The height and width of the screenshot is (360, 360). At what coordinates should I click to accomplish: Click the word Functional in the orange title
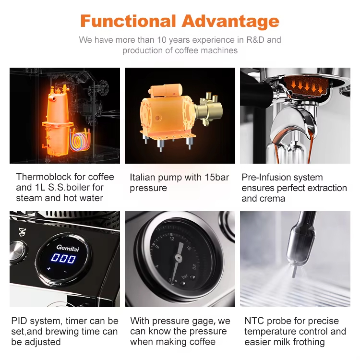(128, 21)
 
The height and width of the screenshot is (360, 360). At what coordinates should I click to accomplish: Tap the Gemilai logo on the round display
(68, 248)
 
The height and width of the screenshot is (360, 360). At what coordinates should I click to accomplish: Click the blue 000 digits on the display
(63, 258)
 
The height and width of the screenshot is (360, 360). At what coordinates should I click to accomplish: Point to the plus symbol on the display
(49, 268)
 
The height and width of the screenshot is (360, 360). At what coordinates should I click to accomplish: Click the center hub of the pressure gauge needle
(178, 258)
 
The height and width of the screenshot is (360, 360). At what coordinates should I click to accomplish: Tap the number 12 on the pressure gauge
(172, 239)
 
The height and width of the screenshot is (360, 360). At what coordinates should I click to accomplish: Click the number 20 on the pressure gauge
(194, 267)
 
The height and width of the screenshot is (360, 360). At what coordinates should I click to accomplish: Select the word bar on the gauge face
(185, 276)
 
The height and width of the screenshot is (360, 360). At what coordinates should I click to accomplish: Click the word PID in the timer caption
(19, 321)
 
